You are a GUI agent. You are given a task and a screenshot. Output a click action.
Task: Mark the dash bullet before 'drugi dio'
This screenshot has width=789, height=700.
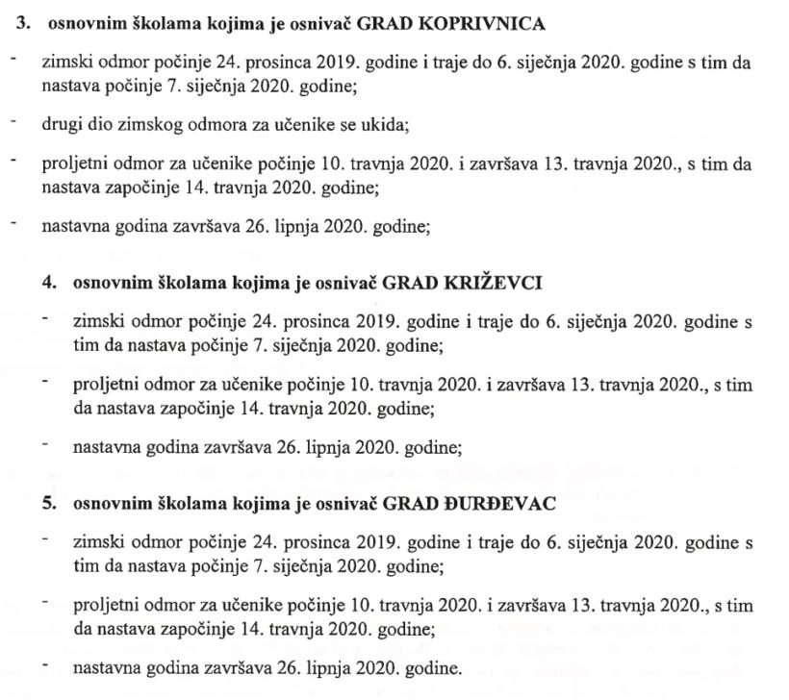(x=13, y=121)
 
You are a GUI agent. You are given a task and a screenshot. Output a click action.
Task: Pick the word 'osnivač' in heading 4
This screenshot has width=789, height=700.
(x=348, y=284)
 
